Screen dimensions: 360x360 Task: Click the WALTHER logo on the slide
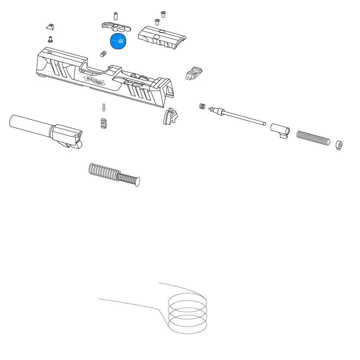[95, 80]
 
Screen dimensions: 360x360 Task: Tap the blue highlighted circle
[118, 41]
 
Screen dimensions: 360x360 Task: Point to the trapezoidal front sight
[50, 27]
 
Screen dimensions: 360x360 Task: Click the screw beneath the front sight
[50, 39]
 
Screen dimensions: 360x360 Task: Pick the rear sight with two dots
[194, 73]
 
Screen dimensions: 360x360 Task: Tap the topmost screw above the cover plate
[163, 14]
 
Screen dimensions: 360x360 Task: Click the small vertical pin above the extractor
[116, 16]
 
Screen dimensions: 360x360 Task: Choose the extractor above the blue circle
[116, 27]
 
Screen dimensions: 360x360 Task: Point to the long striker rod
[237, 116]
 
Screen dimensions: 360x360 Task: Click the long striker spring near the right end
[313, 138]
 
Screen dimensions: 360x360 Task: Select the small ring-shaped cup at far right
[339, 145]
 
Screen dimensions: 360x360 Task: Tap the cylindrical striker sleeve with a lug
[280, 131]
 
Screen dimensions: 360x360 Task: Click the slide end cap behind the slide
[171, 116]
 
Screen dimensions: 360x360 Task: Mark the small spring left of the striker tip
[202, 106]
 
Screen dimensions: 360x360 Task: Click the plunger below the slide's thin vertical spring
[104, 123]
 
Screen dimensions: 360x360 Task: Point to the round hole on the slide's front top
[50, 53]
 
